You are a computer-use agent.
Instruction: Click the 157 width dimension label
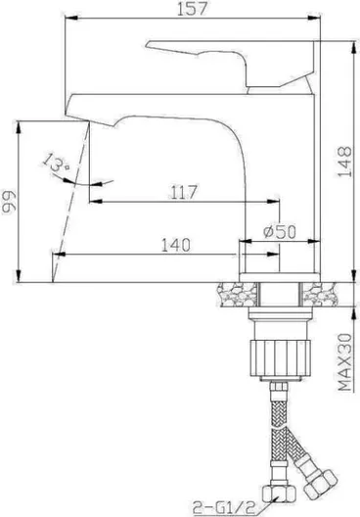coord(193,8)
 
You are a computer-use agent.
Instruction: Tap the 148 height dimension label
coord(345,162)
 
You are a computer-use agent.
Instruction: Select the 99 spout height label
coord(9,202)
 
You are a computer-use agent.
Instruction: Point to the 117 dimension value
coord(184,192)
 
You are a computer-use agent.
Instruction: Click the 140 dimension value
coord(176,245)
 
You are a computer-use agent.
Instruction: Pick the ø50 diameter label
coord(280,231)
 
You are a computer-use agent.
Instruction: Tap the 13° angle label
coord(56,164)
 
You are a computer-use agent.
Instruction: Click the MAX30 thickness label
coord(345,362)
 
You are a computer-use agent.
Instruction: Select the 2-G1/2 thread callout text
coord(224,508)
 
